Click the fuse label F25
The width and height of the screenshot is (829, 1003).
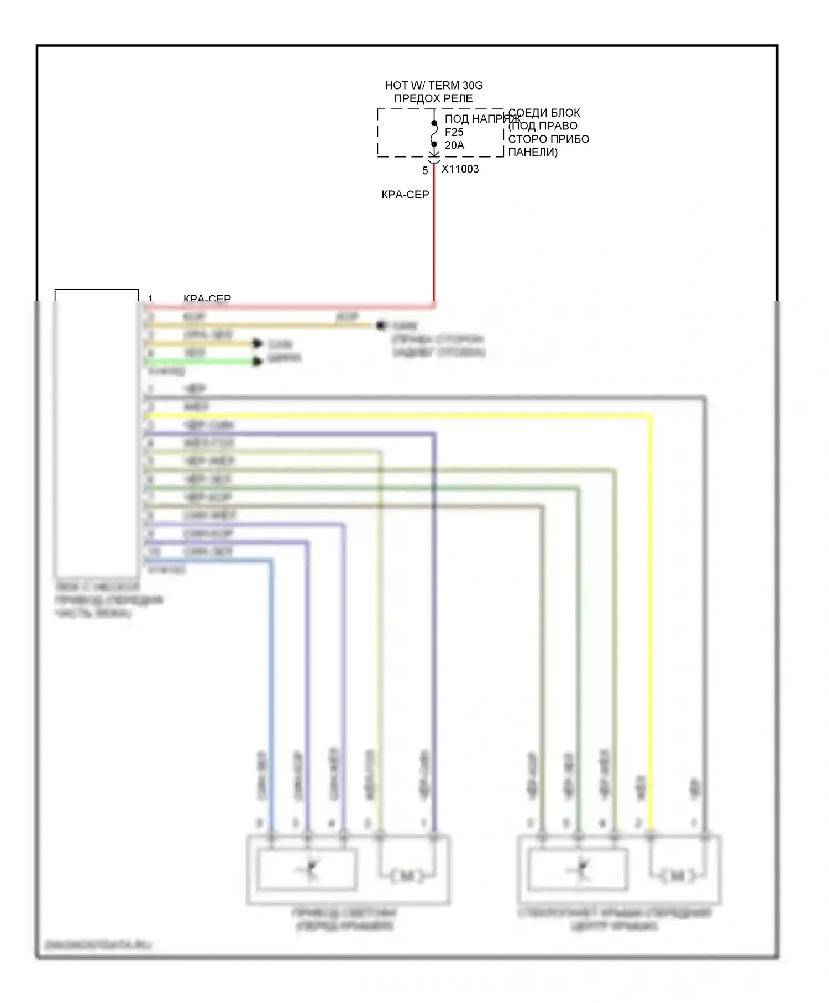pyautogui.click(x=454, y=133)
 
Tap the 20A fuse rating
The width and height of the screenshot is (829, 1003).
pyautogui.click(x=454, y=145)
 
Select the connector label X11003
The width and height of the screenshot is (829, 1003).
pyautogui.click(x=460, y=169)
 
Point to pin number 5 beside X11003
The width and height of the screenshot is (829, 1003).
pyautogui.click(x=425, y=171)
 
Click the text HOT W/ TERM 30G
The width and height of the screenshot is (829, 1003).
pyautogui.click(x=434, y=86)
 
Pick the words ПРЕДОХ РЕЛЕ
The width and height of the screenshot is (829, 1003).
pyautogui.click(x=433, y=99)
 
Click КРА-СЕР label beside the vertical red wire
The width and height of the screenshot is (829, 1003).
pyautogui.click(x=405, y=195)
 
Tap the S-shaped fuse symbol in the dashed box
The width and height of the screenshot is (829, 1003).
pyautogui.click(x=434, y=133)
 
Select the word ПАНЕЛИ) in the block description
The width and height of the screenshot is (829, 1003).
pyautogui.click(x=533, y=153)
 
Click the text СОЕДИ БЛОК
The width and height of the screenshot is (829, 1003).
pyautogui.click(x=544, y=113)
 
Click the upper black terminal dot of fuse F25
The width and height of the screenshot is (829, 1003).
pyautogui.click(x=434, y=122)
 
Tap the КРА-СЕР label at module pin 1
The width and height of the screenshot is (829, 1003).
pyautogui.click(x=207, y=299)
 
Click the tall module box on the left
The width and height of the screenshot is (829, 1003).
pyautogui.click(x=97, y=431)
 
